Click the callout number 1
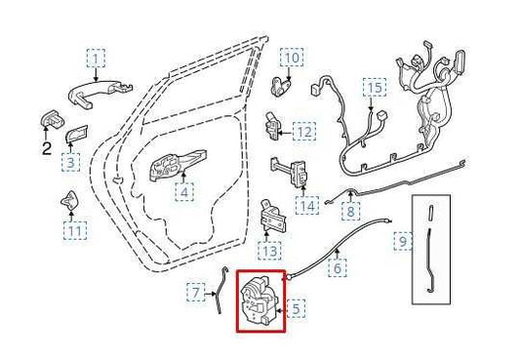[x=97, y=59]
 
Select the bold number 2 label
[x=47, y=148]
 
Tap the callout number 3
[x=70, y=162]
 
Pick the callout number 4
[x=184, y=192]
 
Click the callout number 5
[x=296, y=308]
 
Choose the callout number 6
[x=338, y=267]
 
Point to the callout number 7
[x=196, y=293]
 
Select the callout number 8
[x=350, y=211]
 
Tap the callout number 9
[x=403, y=241]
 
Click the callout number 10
[x=292, y=58]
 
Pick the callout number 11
[x=75, y=231]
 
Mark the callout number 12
[x=304, y=132]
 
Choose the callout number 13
[x=269, y=251]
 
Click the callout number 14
[x=307, y=206]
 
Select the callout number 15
[x=375, y=88]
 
